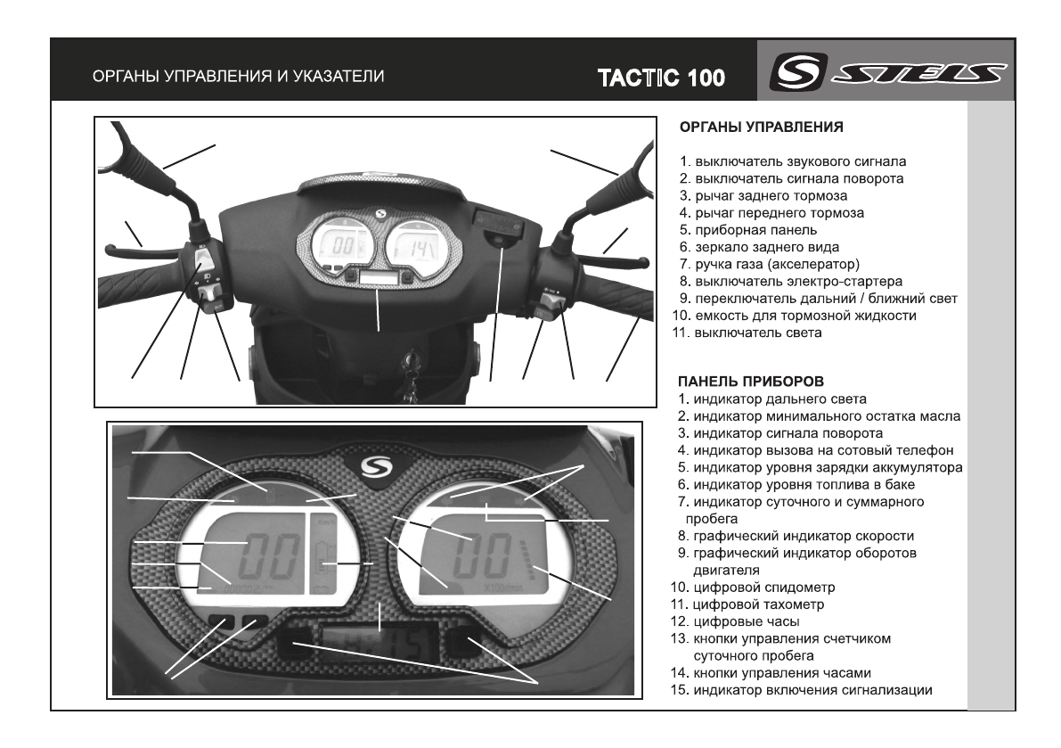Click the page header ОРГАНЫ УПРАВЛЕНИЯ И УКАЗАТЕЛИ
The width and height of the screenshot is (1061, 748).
click(240, 77)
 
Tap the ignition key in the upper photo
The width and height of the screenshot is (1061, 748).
click(412, 366)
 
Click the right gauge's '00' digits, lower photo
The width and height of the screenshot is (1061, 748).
click(482, 558)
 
